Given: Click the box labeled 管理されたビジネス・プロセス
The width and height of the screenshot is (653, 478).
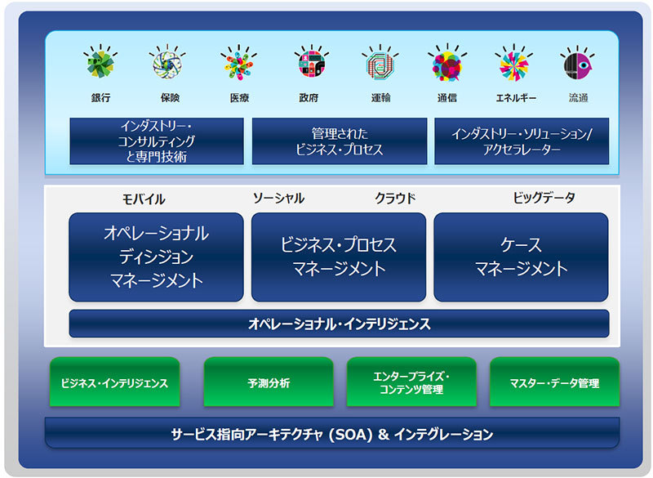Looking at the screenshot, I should (339, 141).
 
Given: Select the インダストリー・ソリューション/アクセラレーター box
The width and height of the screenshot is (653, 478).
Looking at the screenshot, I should (522, 141).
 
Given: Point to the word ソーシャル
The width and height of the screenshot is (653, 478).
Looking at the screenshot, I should (278, 199).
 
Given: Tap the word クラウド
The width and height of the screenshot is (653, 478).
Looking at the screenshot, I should (395, 199).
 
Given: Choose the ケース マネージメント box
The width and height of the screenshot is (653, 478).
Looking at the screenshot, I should (521, 257).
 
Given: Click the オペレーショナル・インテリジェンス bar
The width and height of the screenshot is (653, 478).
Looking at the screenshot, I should (339, 324).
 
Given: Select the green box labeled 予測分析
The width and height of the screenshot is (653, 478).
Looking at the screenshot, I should (269, 382).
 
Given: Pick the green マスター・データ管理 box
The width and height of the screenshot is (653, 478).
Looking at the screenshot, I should (554, 382).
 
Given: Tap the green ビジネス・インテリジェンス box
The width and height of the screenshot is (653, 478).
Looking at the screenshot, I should (115, 382).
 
